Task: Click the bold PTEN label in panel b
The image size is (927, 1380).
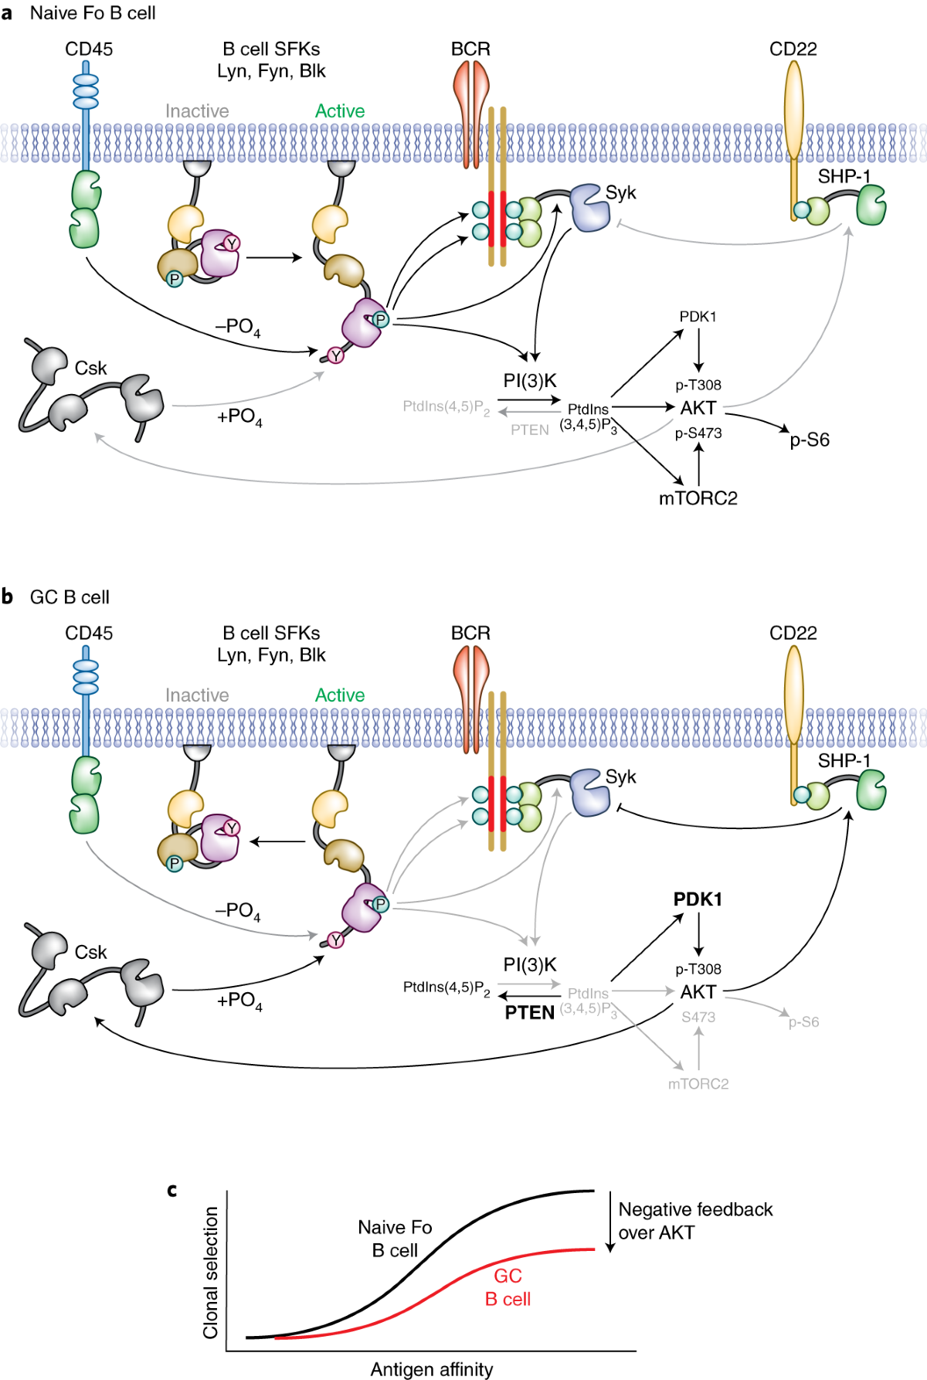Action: pyautogui.click(x=529, y=1012)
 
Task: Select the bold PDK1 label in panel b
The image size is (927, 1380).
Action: pyautogui.click(x=698, y=899)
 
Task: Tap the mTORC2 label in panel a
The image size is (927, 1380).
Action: pyautogui.click(x=698, y=498)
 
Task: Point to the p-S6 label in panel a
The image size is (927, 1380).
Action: pyautogui.click(x=809, y=440)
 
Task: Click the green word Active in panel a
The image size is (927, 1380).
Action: pyautogui.click(x=339, y=111)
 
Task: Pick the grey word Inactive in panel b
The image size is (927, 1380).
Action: pyautogui.click(x=197, y=695)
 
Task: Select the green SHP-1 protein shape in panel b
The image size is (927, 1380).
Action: pyautogui.click(x=871, y=789)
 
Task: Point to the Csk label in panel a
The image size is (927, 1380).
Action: pyautogui.click(x=90, y=369)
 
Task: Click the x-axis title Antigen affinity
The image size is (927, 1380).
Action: pyautogui.click(x=431, y=1369)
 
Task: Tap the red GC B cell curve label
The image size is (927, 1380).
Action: pyautogui.click(x=508, y=1287)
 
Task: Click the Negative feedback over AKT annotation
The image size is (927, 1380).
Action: pyautogui.click(x=694, y=1221)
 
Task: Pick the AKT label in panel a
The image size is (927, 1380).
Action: pyautogui.click(x=698, y=408)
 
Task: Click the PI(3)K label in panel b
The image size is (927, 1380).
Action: pyautogui.click(x=529, y=965)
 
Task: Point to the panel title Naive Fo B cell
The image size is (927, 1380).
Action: pyautogui.click(x=93, y=13)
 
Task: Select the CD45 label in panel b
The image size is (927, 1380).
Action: pyautogui.click(x=89, y=634)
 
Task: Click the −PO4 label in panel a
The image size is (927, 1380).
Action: pyautogui.click(x=237, y=327)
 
